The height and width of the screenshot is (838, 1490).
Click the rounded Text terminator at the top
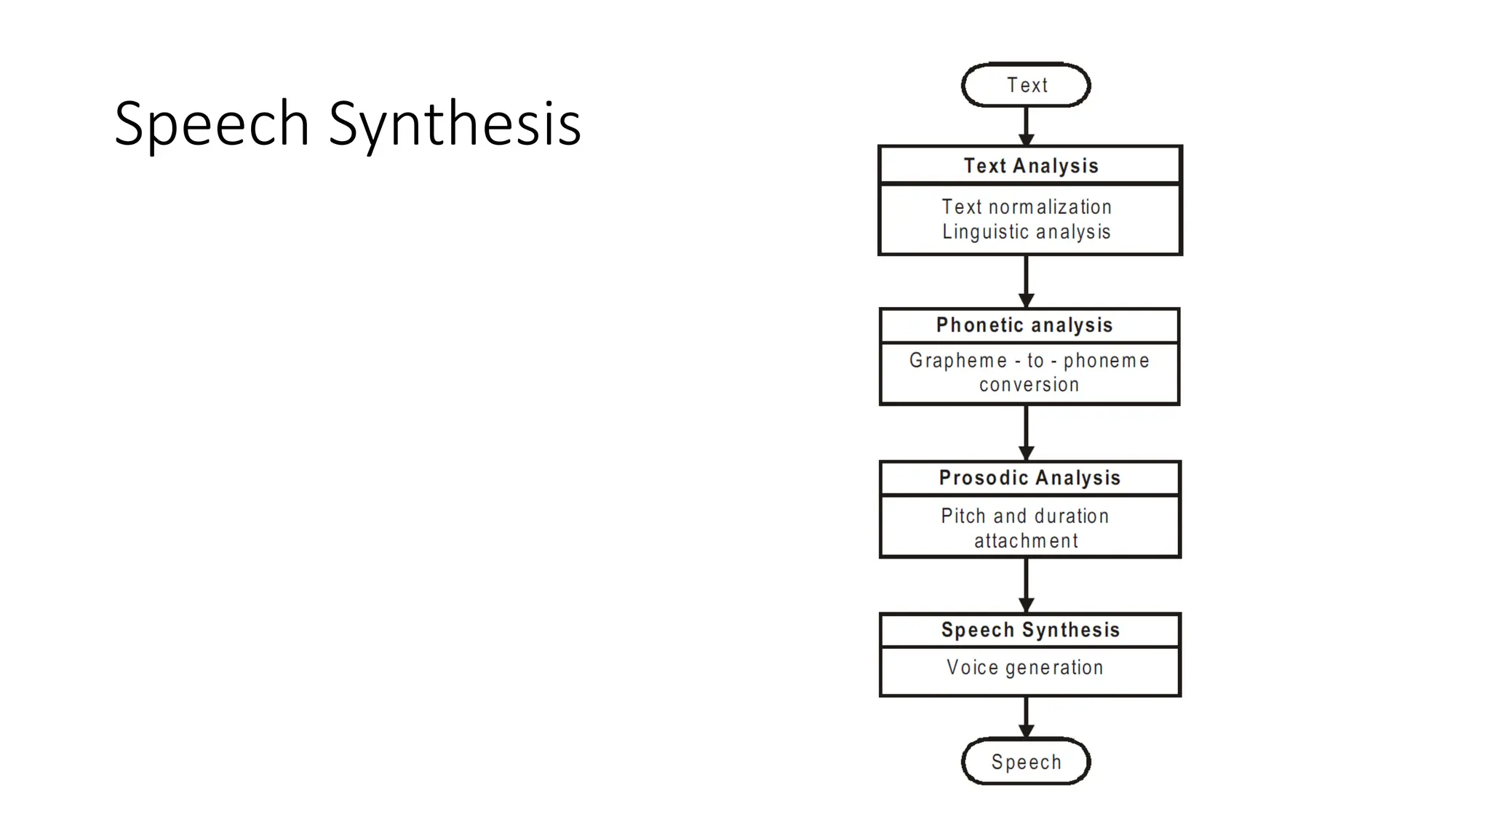click(1026, 85)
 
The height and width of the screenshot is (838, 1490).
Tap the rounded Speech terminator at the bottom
click(1026, 762)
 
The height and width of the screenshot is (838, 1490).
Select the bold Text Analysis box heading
click(1030, 166)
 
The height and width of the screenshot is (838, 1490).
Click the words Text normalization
click(1027, 207)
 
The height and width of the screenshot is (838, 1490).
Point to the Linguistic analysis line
click(1027, 231)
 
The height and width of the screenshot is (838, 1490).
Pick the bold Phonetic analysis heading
click(1024, 325)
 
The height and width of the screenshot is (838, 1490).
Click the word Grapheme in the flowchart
click(958, 360)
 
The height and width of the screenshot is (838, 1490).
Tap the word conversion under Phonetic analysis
click(1029, 385)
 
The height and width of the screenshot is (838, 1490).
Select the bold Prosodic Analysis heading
click(1029, 478)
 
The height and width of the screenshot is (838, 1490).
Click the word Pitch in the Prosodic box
click(963, 516)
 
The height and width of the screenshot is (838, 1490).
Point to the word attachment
click(1026, 540)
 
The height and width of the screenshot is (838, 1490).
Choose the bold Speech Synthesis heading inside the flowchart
click(1030, 630)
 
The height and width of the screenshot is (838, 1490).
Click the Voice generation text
click(1024, 667)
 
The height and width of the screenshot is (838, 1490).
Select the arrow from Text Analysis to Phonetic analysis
click(1026, 282)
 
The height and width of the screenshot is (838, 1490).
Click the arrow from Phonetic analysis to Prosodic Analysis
click(1026, 433)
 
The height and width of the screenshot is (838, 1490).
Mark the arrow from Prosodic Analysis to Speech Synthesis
click(1026, 586)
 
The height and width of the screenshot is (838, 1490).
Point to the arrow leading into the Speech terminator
click(1026, 717)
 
